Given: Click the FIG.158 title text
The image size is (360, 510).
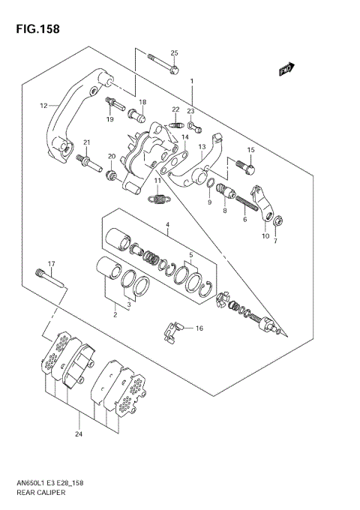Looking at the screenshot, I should (35, 29).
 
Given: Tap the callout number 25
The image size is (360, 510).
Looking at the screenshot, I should (174, 52).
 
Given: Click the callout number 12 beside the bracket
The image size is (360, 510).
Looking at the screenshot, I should (43, 106).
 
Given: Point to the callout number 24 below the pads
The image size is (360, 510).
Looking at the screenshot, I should (78, 433).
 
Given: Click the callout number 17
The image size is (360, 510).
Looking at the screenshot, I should (52, 263).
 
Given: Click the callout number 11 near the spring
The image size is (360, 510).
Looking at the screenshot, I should (157, 181).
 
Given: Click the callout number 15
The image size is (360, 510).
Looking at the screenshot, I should (251, 150).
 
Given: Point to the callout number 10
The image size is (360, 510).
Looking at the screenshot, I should (265, 236).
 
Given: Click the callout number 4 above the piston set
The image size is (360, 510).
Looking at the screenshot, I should (168, 224).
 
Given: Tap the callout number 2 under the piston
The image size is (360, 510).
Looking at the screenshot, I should (115, 315).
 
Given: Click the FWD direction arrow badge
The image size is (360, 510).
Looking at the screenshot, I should (284, 70).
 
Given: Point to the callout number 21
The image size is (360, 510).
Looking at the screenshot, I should (86, 142).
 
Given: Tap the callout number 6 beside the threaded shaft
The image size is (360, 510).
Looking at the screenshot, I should (244, 220).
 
